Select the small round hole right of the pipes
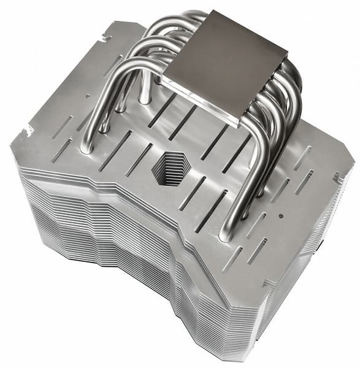tap(280, 217)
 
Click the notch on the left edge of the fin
tap(28, 131)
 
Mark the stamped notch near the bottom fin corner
tap(268, 283)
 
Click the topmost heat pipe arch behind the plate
tap(184, 17)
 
